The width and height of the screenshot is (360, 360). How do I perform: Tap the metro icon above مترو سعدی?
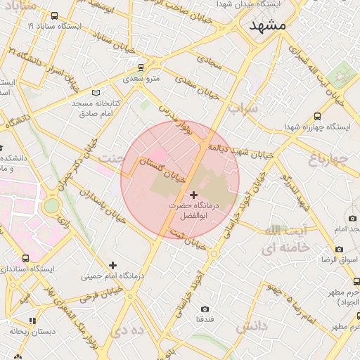point(142,67)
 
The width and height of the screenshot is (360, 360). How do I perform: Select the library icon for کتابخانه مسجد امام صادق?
point(96,92)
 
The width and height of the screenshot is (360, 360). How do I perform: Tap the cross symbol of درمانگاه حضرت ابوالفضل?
point(193,193)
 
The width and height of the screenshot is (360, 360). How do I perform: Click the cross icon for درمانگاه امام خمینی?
point(112,265)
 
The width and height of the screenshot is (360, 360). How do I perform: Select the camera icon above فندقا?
point(205,309)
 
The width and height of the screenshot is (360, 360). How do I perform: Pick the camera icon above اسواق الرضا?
point(339,250)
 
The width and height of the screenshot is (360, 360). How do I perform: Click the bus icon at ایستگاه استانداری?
point(26,258)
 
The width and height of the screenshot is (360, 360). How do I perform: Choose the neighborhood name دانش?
point(251,328)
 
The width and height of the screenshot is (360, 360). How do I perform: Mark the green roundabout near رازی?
point(51,206)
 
